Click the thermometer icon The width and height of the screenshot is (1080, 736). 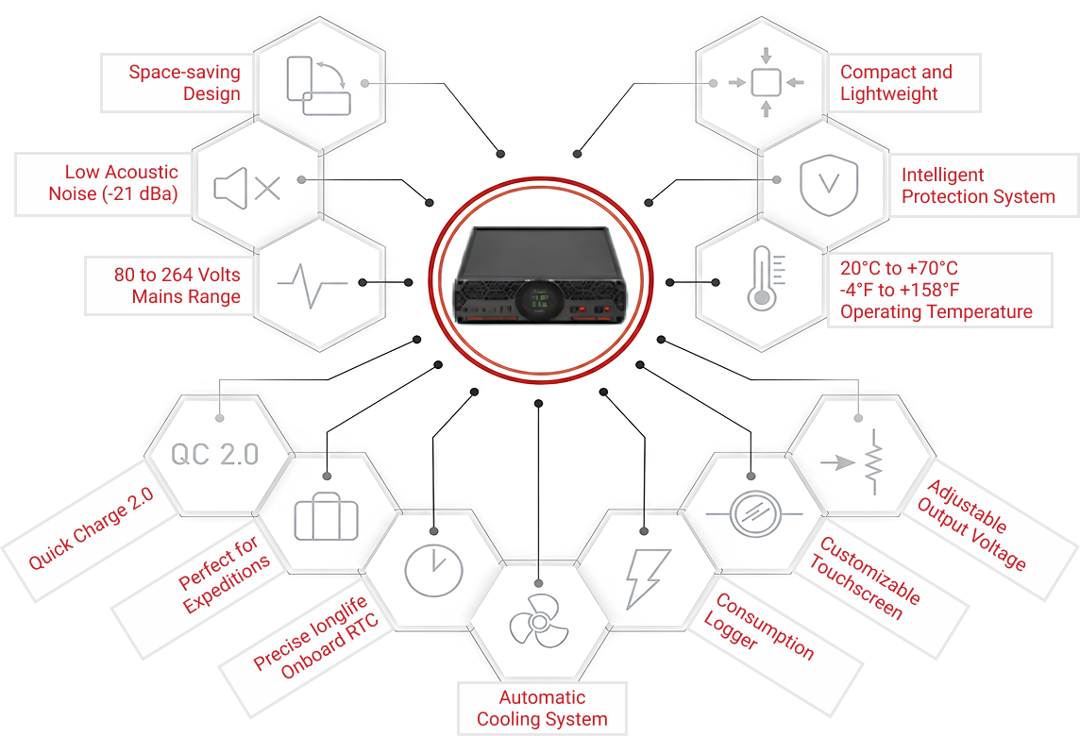pos(760,278)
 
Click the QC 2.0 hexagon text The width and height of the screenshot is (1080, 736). pos(215,454)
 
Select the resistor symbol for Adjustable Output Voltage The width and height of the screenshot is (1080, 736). pos(866,461)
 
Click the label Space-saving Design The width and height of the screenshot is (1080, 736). pos(185,83)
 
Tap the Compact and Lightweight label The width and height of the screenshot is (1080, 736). pos(896,83)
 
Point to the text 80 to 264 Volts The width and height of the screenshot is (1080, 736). pos(177,275)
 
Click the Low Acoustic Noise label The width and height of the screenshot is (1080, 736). pos(113,183)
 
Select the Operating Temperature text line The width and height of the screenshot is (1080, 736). pos(937,312)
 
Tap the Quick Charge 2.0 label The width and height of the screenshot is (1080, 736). pos(92,528)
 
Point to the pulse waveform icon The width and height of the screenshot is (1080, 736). pos(312,282)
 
